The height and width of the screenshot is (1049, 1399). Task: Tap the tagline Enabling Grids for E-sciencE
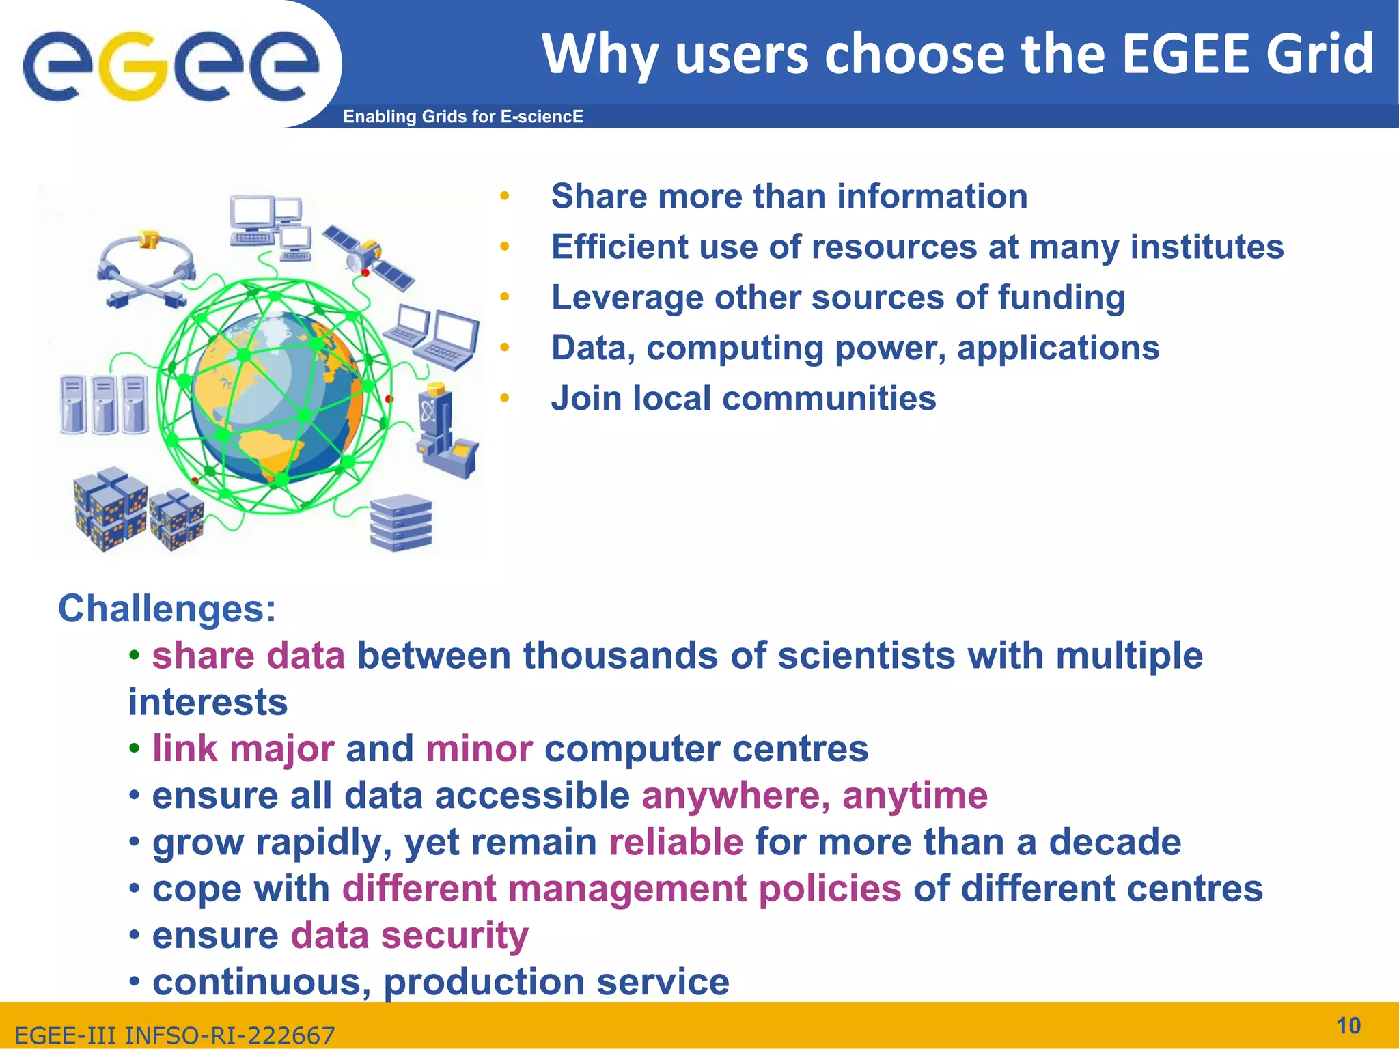click(462, 117)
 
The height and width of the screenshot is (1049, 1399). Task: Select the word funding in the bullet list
click(1061, 298)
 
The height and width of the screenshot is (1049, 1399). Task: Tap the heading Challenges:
click(167, 609)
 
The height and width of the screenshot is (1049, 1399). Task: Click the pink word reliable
click(676, 842)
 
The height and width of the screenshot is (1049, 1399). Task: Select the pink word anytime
click(915, 796)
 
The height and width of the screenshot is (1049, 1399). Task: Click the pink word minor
click(479, 749)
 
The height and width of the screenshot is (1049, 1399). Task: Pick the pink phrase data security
click(409, 936)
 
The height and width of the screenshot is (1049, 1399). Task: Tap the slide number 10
click(1348, 1026)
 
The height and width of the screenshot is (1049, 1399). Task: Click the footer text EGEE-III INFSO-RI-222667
click(175, 1035)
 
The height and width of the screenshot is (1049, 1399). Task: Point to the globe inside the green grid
click(273, 396)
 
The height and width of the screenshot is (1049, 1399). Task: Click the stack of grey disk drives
click(400, 522)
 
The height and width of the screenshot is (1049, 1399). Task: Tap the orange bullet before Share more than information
click(504, 197)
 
